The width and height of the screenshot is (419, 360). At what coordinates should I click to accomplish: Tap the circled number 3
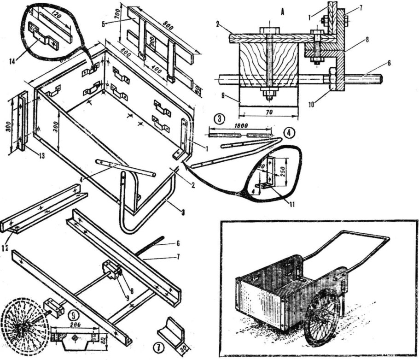(221, 118)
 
